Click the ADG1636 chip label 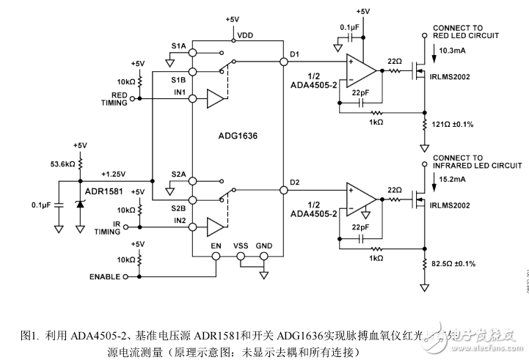237,136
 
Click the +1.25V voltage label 114,175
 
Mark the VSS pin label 241,246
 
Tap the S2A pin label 178,174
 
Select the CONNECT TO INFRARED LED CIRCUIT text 467,161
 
